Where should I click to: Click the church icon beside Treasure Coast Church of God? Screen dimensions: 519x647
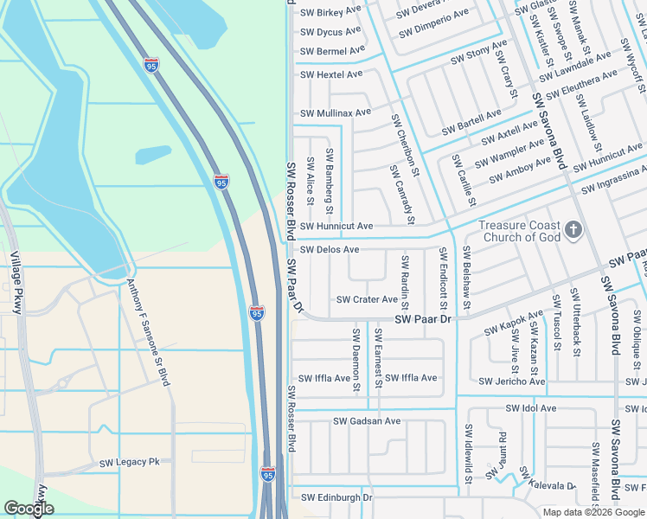point(573,230)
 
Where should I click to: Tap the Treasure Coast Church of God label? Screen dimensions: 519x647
point(519,231)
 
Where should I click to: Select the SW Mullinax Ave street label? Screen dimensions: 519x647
point(336,112)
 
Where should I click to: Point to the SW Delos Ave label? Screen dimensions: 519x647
point(330,250)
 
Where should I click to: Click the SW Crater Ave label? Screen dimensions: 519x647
point(367,300)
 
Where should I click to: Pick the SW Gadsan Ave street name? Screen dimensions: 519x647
point(367,421)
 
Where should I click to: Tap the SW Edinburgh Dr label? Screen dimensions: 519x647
point(336,497)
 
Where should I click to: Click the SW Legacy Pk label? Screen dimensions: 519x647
point(129,463)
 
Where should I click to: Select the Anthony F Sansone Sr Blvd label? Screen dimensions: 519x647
point(148,332)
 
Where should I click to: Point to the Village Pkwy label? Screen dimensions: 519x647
point(16,282)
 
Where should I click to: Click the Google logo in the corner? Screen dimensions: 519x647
point(29,509)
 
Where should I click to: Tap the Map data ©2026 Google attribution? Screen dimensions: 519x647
point(593,512)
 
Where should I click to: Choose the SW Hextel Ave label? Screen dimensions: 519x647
point(331,75)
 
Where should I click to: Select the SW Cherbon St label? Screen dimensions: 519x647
point(404,146)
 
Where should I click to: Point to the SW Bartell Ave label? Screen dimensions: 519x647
point(471,122)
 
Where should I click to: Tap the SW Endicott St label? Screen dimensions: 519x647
point(443,279)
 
